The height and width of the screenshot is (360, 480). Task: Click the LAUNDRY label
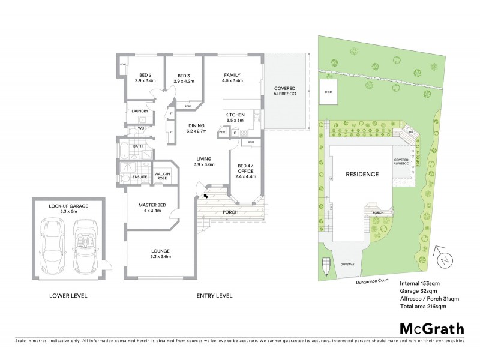(x=140, y=111)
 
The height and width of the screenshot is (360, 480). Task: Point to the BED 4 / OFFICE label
(x=246, y=169)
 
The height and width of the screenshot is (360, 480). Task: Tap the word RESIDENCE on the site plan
(x=362, y=175)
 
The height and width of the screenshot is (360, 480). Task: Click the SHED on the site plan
(x=328, y=91)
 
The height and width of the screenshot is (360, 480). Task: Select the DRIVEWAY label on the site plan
(x=348, y=264)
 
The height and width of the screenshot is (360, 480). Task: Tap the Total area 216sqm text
(x=422, y=307)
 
